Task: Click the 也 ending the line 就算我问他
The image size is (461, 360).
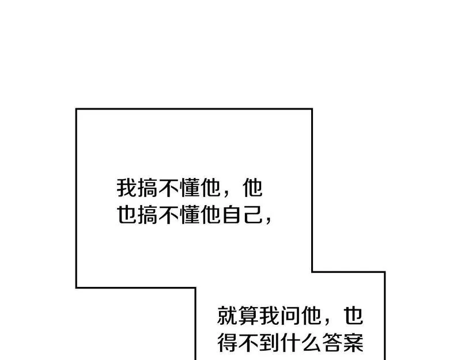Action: point(354,316)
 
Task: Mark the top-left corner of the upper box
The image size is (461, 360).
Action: point(76,109)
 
